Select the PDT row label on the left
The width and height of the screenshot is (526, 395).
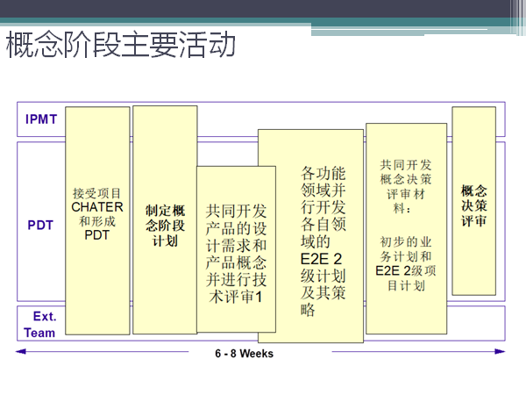40,225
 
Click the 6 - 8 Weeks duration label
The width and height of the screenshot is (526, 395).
245,354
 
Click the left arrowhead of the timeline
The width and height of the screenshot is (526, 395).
20,352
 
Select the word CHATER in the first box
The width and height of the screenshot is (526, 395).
97,207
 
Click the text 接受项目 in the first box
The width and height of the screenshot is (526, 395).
97,193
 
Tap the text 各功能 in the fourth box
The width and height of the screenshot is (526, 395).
323,172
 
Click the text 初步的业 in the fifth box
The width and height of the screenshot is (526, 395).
406,241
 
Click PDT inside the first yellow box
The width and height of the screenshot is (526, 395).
96,235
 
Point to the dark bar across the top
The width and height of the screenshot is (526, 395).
263,9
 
